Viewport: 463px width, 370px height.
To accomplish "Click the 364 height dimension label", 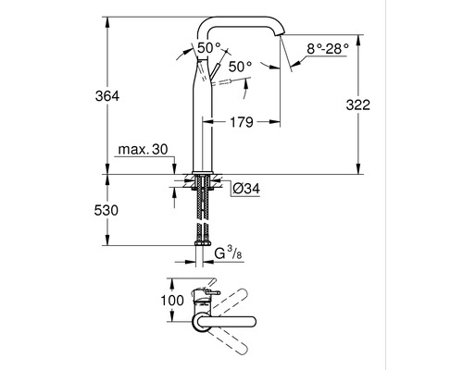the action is click(x=107, y=96).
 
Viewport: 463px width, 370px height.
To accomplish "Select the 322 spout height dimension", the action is click(x=357, y=105).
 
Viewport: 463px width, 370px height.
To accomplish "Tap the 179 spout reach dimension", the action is click(x=242, y=122).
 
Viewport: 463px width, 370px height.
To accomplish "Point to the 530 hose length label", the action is click(x=106, y=211).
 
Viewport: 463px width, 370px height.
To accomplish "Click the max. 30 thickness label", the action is click(x=144, y=150).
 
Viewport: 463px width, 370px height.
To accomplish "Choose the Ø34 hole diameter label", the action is click(x=246, y=189).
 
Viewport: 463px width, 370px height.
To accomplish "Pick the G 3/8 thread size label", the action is click(x=229, y=253).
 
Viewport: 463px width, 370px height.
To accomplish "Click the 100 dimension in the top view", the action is click(x=172, y=300).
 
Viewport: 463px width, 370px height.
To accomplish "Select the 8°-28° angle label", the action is click(x=328, y=49).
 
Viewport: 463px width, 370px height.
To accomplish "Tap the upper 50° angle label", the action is click(x=209, y=48).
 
